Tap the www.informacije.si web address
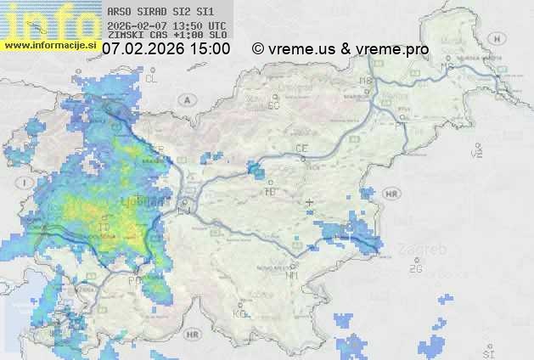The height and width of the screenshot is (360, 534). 51,43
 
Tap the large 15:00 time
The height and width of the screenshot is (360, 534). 210,49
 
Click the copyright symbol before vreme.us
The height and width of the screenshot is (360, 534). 258,49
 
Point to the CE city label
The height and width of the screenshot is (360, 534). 301,149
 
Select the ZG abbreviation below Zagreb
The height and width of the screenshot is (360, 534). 415,269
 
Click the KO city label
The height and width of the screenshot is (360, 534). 239,313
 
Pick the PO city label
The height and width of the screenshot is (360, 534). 134,280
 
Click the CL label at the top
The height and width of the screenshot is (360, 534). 152,78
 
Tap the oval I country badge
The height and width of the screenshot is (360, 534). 28,183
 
